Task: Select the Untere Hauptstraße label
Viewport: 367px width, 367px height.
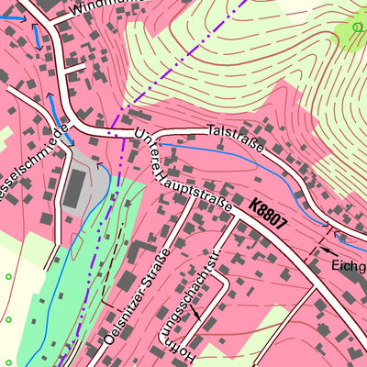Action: point(183,173)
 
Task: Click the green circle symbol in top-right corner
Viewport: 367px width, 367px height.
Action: point(356,28)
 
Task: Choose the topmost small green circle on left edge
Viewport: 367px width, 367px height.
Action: point(8,276)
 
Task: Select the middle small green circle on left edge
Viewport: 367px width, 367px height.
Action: point(6,321)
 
